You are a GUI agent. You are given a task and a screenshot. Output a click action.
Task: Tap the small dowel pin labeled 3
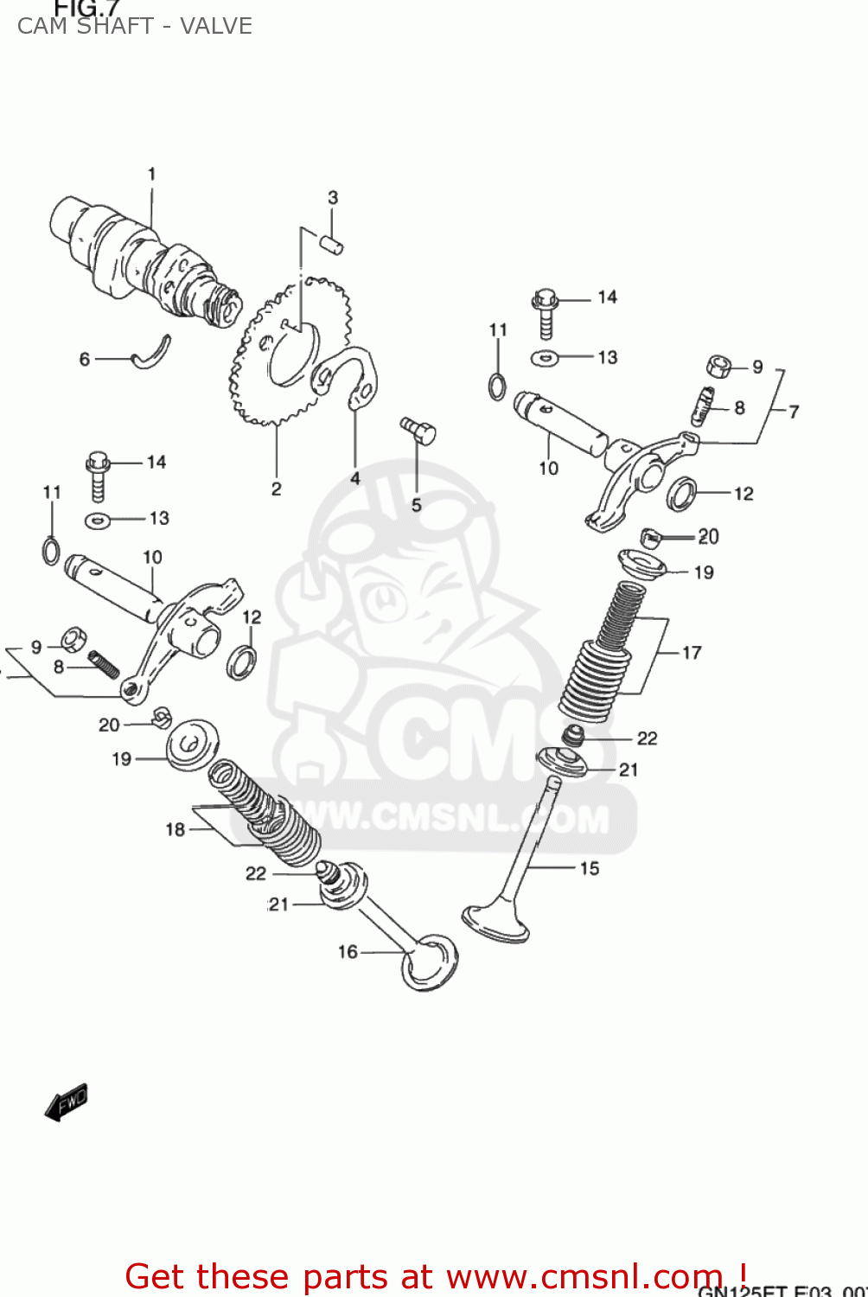333,244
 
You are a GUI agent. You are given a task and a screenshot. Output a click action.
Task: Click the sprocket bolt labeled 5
419,430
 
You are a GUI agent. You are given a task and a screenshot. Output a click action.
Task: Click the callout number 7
794,412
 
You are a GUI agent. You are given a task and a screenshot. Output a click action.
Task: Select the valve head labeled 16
429,962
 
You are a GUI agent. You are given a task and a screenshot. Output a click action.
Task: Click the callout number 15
590,868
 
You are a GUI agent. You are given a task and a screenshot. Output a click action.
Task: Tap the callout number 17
692,653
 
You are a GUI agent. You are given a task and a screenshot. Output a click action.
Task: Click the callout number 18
176,830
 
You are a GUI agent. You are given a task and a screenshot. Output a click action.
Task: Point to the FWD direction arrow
67,1102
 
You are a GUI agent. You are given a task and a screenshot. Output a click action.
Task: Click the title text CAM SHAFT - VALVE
135,26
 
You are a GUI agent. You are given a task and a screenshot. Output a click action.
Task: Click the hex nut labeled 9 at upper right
718,366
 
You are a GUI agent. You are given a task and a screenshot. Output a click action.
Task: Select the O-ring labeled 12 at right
682,494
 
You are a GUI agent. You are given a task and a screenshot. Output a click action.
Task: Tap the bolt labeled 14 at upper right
546,311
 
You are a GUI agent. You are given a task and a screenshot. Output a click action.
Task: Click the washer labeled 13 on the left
98,520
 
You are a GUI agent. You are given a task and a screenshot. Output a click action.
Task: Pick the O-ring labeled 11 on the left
51,550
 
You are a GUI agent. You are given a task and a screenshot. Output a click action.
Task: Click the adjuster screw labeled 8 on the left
104,664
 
